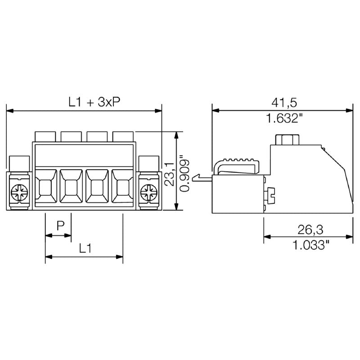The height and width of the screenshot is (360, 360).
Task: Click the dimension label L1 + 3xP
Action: tap(94, 102)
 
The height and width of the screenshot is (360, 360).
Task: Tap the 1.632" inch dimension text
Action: tap(284, 119)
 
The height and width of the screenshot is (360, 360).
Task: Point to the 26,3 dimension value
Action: tap(310, 229)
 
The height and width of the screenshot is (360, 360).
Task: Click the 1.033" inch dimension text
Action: tap(310, 246)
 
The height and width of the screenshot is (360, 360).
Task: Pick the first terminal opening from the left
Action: tap(45, 187)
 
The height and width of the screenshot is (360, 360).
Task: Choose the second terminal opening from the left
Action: tap(71, 187)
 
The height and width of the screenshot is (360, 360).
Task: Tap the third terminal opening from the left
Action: tap(97, 187)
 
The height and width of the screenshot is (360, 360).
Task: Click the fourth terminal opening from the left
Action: tap(122, 187)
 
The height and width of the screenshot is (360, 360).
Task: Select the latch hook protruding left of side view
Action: tap(201, 179)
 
